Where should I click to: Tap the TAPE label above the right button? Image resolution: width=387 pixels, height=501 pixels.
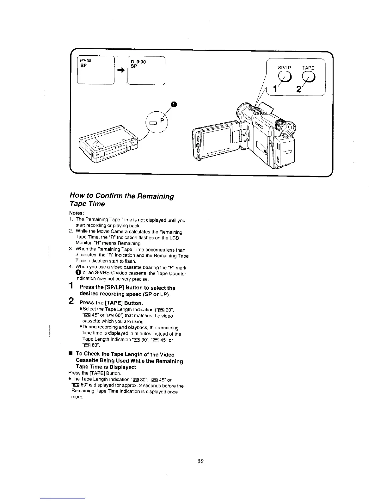pyautogui.click(x=308, y=68)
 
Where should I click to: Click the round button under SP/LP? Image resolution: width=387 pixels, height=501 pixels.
pyautogui.click(x=284, y=77)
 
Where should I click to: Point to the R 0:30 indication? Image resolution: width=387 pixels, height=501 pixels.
pyautogui.click(x=138, y=62)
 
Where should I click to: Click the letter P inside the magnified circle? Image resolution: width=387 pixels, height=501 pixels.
pyautogui.click(x=162, y=121)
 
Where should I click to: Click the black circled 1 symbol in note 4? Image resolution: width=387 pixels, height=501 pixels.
pyautogui.click(x=78, y=273)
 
